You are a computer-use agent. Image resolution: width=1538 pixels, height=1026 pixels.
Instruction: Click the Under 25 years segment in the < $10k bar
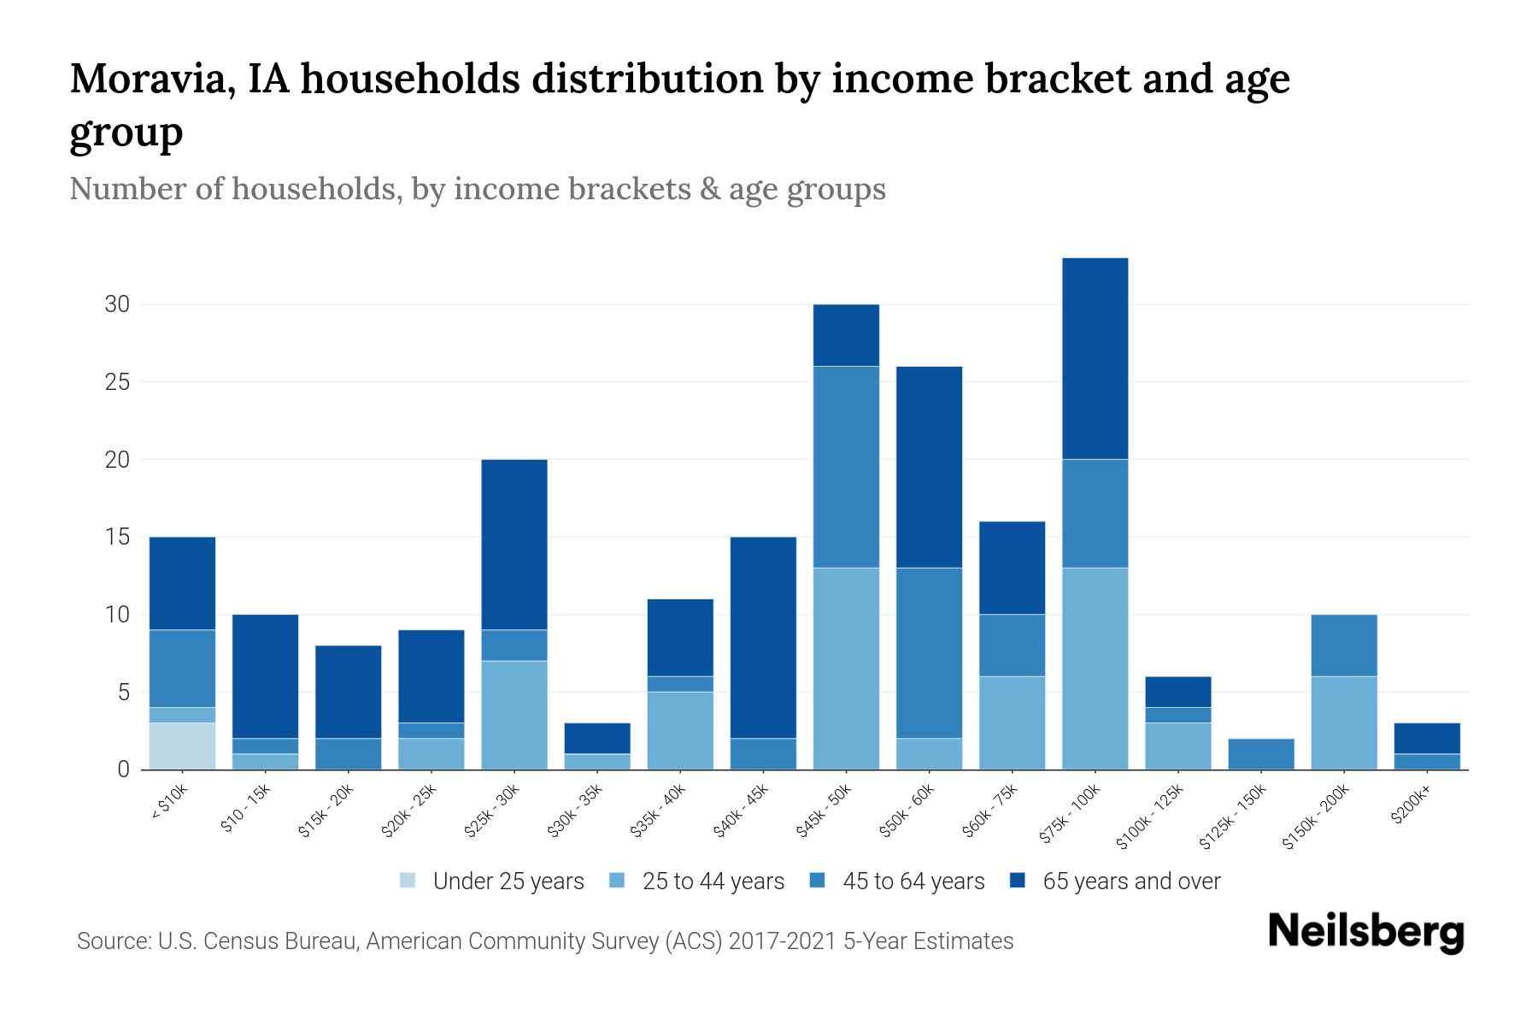click(x=182, y=746)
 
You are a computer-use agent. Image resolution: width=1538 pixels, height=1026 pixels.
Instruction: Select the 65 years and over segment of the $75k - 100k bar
click(x=1095, y=358)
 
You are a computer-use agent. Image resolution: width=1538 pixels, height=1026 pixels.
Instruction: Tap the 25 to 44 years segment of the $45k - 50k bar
click(x=846, y=668)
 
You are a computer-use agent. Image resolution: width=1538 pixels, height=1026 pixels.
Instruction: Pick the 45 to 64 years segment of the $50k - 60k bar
click(x=929, y=652)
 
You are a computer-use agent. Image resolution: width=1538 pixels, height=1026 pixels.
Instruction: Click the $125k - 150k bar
click(x=1260, y=753)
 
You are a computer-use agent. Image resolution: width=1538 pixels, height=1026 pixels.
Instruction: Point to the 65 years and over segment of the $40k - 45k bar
click(x=763, y=637)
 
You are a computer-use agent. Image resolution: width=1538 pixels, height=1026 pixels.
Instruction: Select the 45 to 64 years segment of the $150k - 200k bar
click(x=1343, y=645)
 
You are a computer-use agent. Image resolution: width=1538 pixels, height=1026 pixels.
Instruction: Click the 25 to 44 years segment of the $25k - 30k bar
click(x=514, y=715)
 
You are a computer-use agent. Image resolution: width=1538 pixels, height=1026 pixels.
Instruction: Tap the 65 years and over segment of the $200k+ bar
click(x=1426, y=738)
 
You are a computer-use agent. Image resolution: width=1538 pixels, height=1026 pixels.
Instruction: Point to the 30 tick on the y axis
click(x=117, y=304)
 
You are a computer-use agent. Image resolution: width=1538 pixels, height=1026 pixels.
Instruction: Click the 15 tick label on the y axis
click(x=117, y=537)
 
